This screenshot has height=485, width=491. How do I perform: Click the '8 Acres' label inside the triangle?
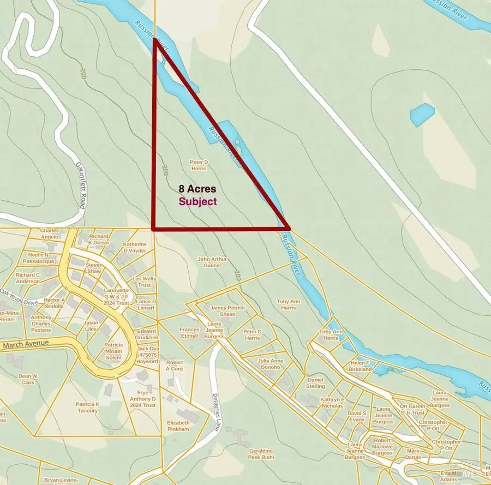197,189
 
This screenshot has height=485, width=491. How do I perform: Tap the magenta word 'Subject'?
197,201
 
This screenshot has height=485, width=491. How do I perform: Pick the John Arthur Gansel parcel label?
212,262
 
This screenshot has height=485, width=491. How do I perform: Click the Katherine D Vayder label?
134,247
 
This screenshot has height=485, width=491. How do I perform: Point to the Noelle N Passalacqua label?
39,258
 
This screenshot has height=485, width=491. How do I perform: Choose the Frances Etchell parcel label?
189,333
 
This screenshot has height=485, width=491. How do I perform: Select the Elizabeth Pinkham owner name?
178,426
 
